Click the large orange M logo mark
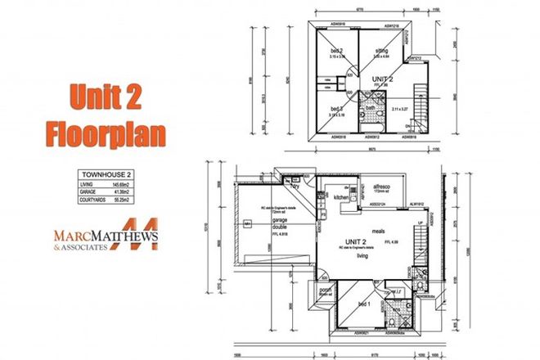tap(140, 235)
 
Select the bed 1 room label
tap(363, 303)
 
